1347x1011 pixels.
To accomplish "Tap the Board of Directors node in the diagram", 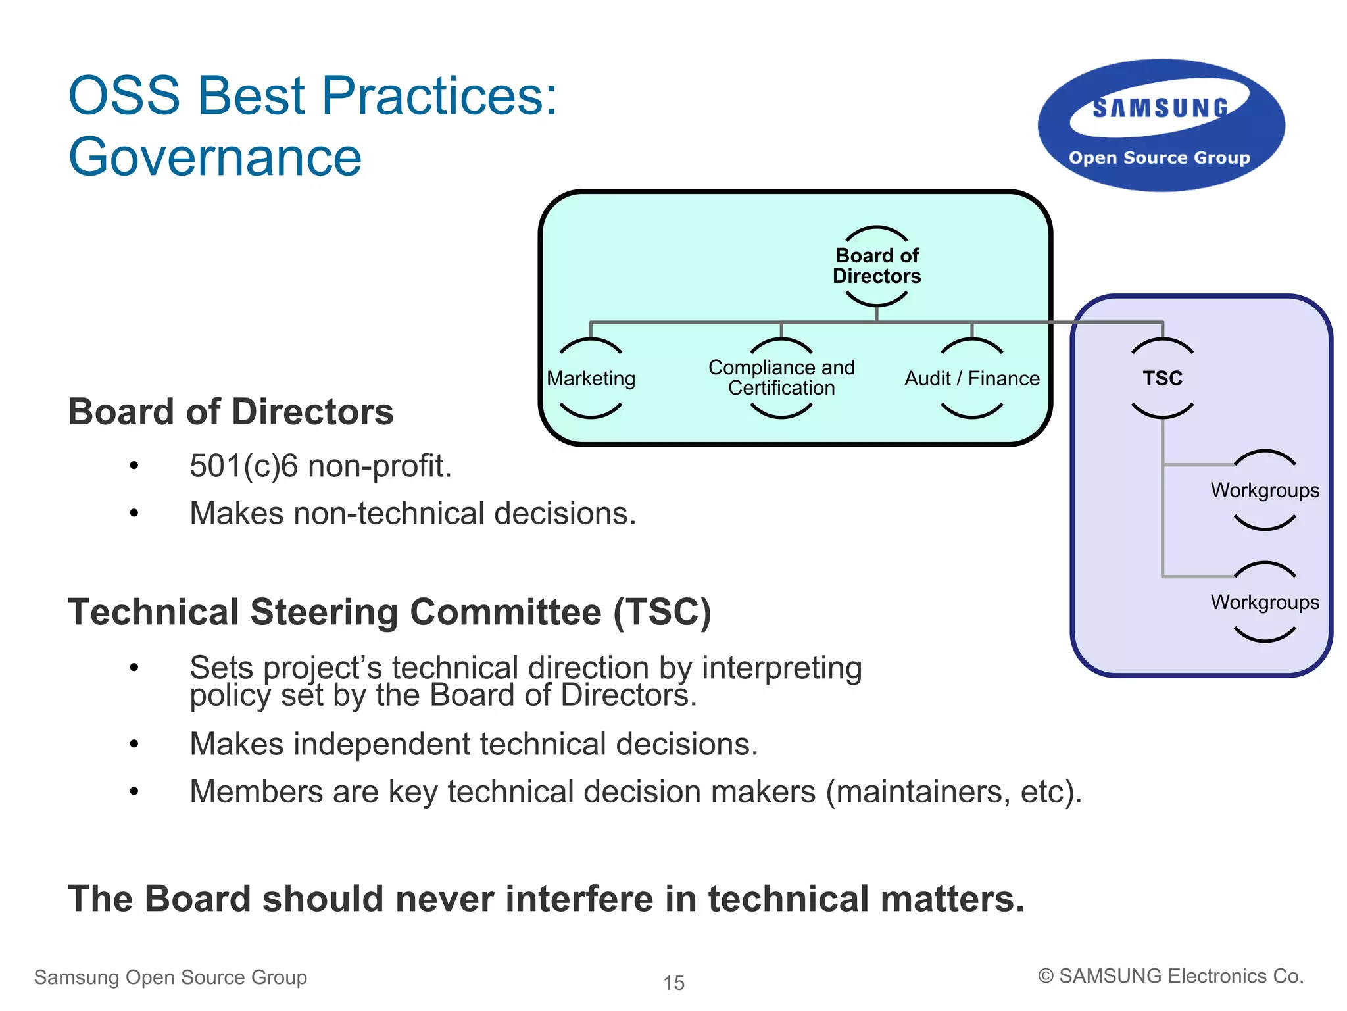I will point(877,266).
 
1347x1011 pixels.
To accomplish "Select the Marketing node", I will point(591,378).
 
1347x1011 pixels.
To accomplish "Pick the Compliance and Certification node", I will point(781,378).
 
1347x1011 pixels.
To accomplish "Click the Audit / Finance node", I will point(971,378).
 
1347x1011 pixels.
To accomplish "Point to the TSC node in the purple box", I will point(1162,378).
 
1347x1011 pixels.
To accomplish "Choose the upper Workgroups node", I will point(1264,490).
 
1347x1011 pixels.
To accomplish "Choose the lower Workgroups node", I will point(1264,602).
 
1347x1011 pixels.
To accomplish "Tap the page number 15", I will point(673,983).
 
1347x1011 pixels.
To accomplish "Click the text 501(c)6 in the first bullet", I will point(243,466).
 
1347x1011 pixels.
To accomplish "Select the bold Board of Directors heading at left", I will point(231,412).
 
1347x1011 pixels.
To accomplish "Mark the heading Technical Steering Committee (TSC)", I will point(389,612).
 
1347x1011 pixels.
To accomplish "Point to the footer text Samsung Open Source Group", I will point(170,977).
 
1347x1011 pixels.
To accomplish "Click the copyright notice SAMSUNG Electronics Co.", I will point(1171,976).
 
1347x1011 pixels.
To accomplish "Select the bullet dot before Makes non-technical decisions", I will point(134,513).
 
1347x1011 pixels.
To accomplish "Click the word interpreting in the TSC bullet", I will point(781,668).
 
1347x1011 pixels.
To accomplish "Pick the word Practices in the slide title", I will point(431,95).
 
